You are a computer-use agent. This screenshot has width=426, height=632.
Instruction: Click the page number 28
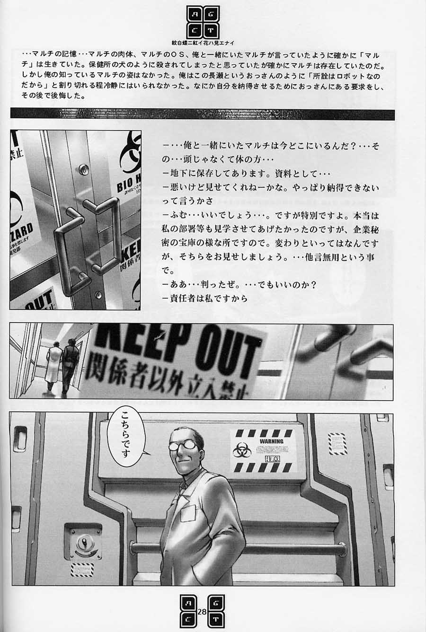(x=203, y=612)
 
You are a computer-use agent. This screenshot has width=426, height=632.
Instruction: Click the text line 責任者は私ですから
(x=204, y=298)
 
